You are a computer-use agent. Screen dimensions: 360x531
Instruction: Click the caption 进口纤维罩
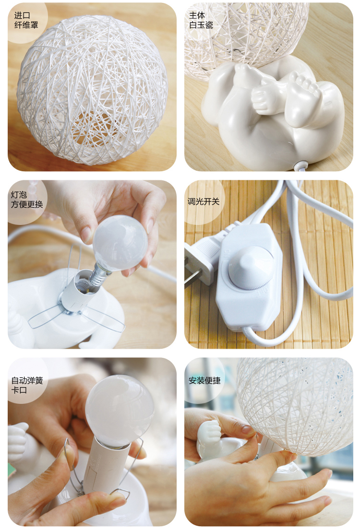coord(26,20)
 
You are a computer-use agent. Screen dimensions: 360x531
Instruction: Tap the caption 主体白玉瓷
coord(201,20)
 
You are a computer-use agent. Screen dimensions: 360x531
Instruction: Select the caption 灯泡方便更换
coord(27,200)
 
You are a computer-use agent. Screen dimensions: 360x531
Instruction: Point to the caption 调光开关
coord(204,201)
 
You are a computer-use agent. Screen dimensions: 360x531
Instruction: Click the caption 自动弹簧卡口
coord(27,385)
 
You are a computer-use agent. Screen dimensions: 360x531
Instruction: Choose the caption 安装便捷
coord(204,380)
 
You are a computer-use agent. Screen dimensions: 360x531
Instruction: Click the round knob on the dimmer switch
coord(250,268)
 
